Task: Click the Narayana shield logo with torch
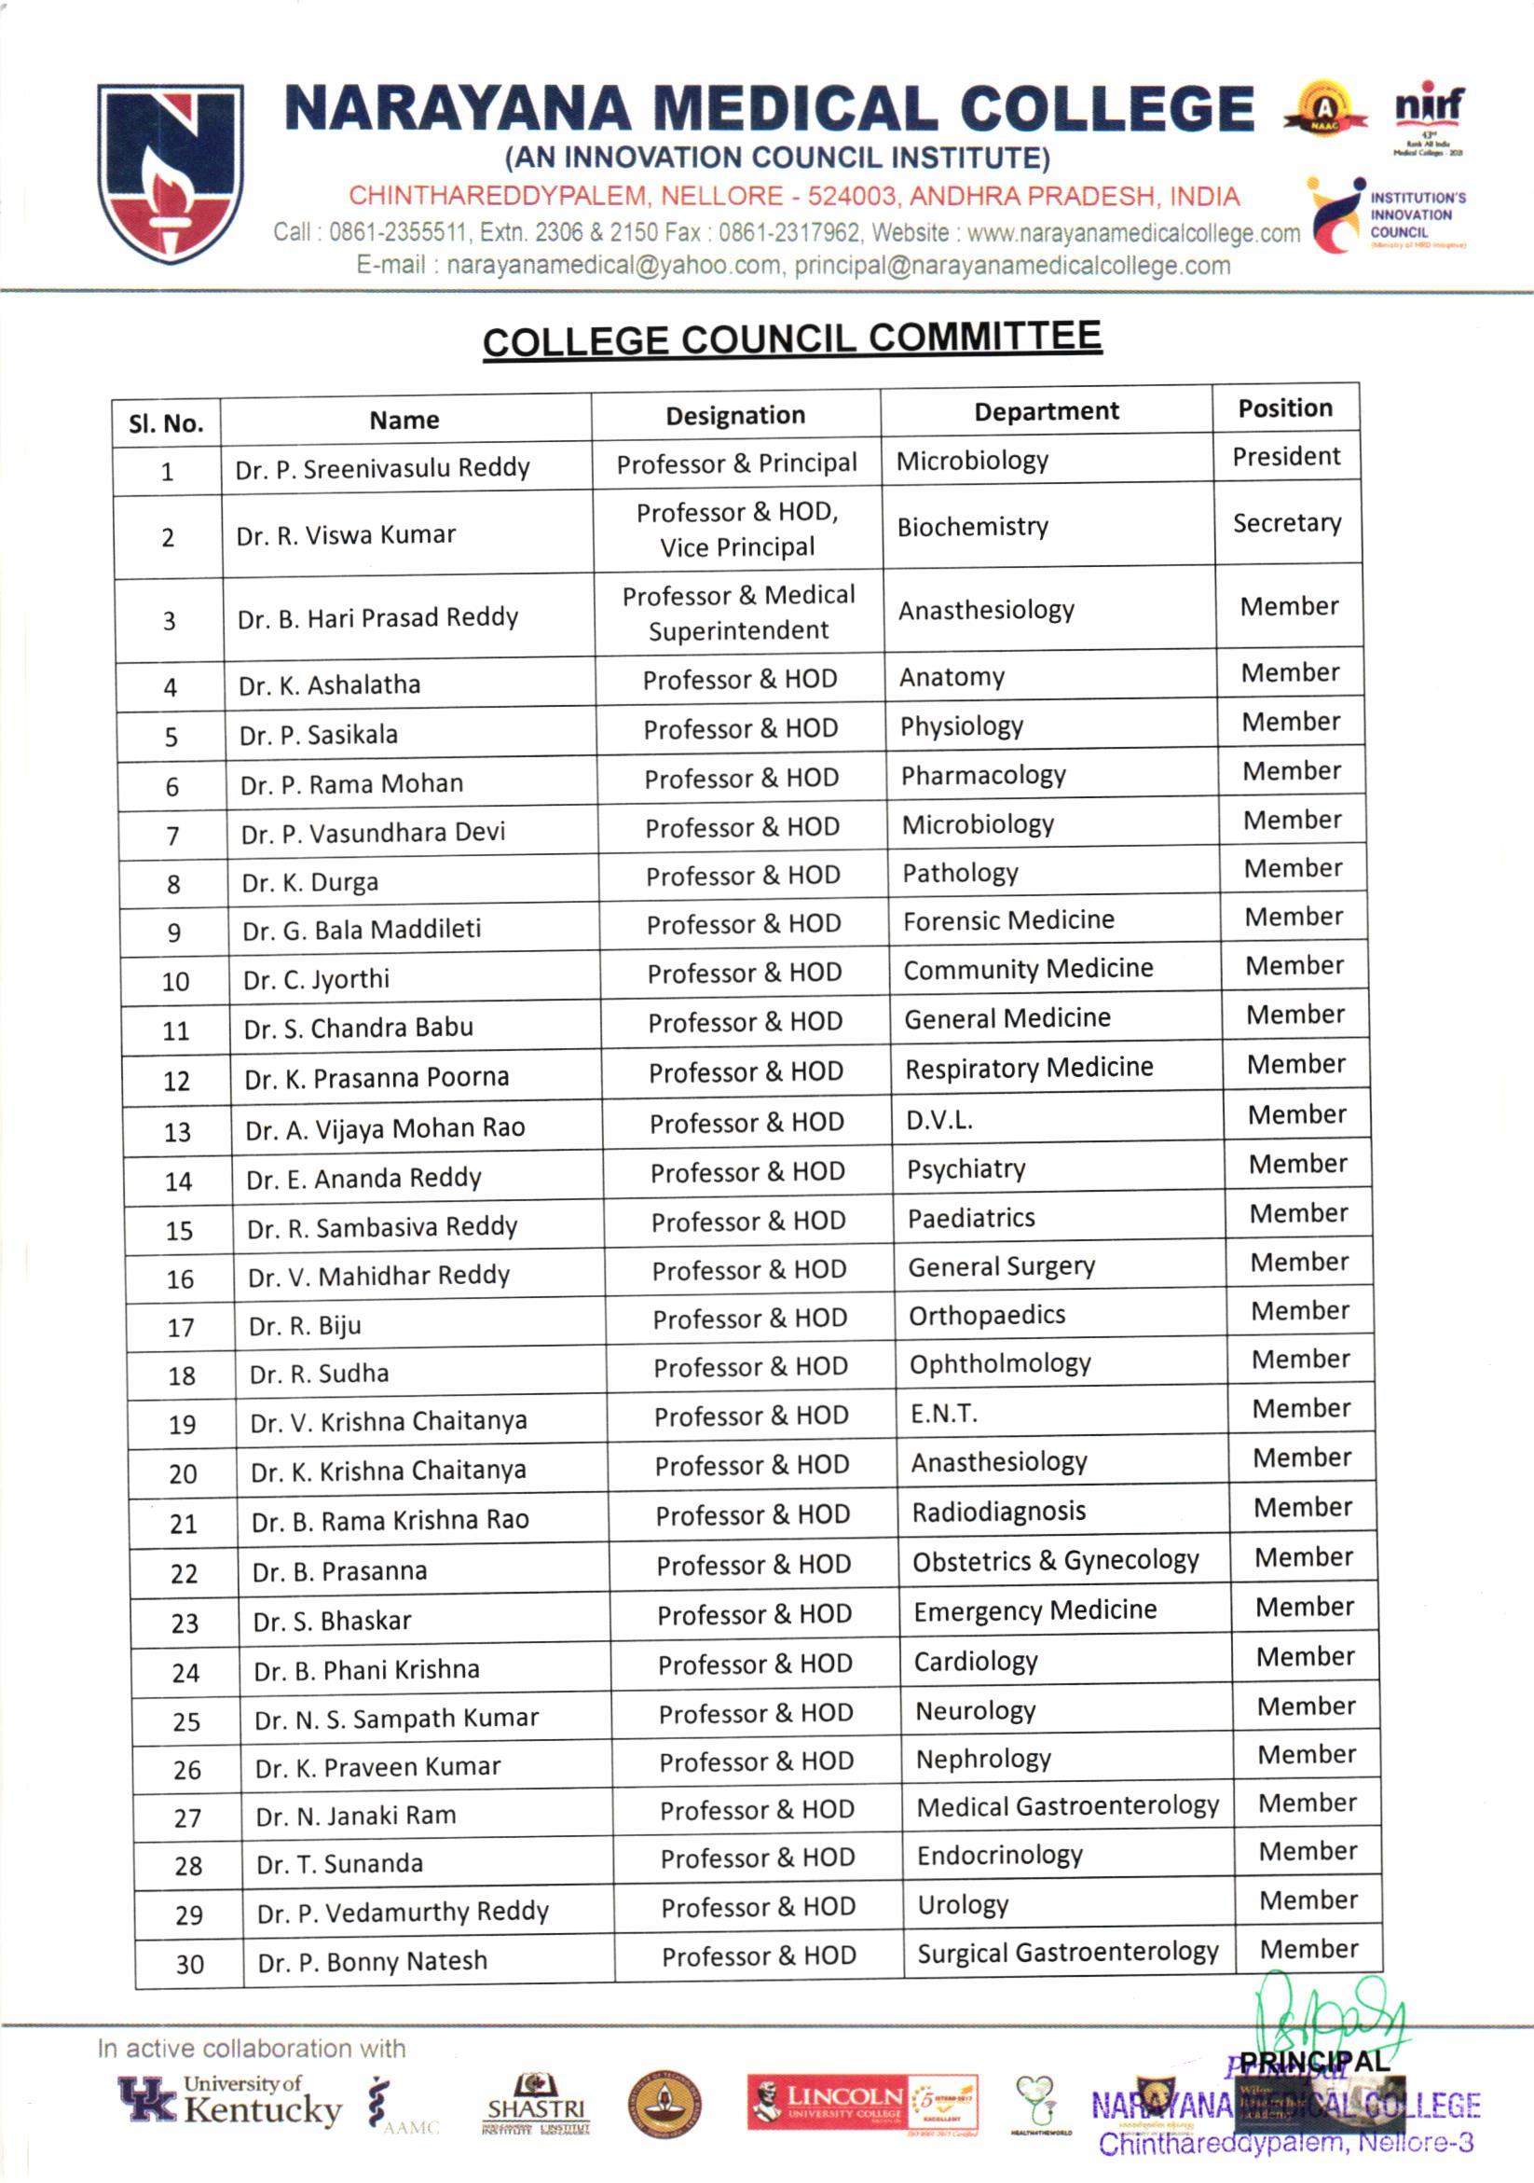(x=170, y=173)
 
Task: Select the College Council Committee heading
(x=792, y=339)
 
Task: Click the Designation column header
(x=734, y=416)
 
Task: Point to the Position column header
(x=1285, y=408)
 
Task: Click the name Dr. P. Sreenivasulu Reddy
(x=382, y=468)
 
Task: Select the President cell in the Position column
(x=1286, y=456)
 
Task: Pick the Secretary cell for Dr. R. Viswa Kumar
(x=1287, y=523)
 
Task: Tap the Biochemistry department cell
(x=972, y=527)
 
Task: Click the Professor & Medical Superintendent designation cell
(x=738, y=613)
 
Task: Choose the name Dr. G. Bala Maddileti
(x=362, y=929)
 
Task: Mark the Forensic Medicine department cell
(x=1008, y=920)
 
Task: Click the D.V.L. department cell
(x=939, y=1120)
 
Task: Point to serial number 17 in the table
(x=181, y=1327)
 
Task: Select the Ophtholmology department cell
(x=1000, y=1364)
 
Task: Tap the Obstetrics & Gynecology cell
(x=1055, y=1560)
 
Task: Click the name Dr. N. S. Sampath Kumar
(x=396, y=1718)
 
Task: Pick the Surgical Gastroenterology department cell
(x=1067, y=1952)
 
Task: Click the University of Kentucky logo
(x=230, y=2102)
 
